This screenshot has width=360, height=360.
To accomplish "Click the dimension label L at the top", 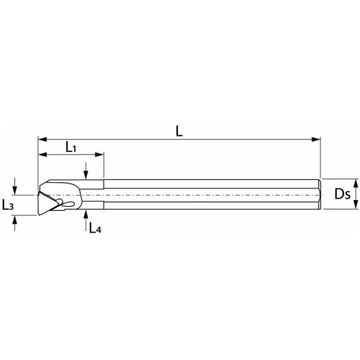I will click(179, 130).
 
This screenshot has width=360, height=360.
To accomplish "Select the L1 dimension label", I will click(71, 147).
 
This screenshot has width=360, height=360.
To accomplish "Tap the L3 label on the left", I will click(8, 205).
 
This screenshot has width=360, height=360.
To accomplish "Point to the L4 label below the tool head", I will click(94, 229).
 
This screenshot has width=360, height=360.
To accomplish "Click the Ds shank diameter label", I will click(343, 194).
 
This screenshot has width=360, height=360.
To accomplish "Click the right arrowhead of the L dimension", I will click(316, 139).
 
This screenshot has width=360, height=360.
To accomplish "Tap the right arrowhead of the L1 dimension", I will click(101, 156).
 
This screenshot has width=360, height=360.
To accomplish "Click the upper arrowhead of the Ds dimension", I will click(355, 182).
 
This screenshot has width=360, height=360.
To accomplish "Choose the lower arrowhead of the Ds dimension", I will click(355, 207).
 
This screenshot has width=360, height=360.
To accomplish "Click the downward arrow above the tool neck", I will click(85, 175).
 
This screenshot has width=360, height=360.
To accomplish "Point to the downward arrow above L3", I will click(16, 189).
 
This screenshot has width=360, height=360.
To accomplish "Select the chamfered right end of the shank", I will click(318, 194).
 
